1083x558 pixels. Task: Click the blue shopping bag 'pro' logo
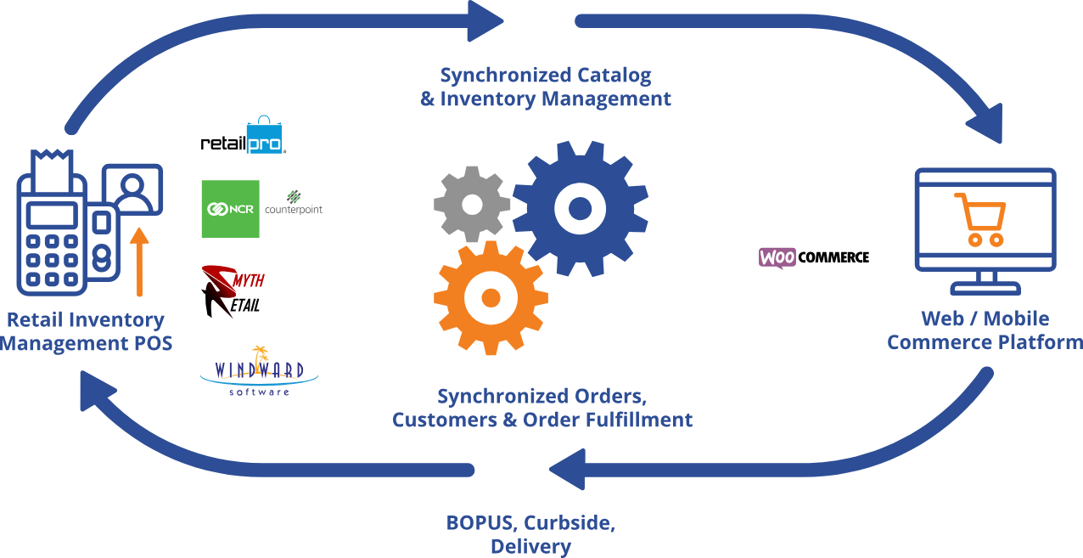point(264,137)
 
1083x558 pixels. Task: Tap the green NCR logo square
point(230,209)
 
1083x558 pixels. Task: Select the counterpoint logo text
point(294,208)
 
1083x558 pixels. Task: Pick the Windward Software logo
point(259,372)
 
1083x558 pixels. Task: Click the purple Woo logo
point(777,257)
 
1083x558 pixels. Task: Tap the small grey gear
point(471,204)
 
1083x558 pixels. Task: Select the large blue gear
point(581,208)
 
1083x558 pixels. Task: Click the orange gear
point(490,297)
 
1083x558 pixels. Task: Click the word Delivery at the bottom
point(530,546)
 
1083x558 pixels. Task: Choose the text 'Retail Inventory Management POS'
point(86,331)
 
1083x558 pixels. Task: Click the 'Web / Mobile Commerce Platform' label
point(985,330)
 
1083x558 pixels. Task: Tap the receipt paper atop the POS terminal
point(52,165)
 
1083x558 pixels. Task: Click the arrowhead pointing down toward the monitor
point(985,126)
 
